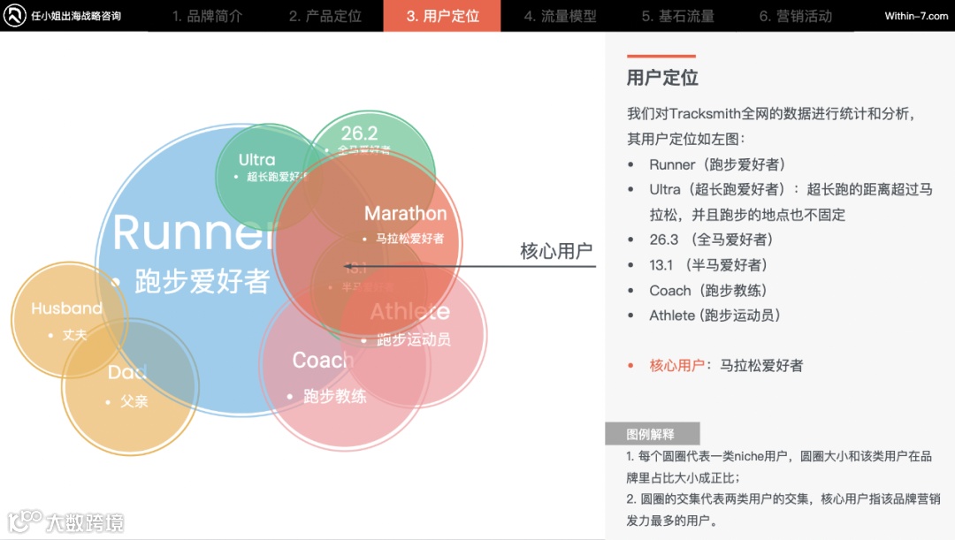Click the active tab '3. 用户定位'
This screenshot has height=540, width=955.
(442, 16)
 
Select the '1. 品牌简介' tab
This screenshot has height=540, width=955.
(207, 16)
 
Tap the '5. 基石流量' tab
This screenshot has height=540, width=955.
(677, 16)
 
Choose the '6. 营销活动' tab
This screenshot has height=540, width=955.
(795, 16)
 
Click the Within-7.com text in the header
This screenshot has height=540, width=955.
(916, 16)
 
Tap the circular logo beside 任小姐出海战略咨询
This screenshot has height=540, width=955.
(15, 16)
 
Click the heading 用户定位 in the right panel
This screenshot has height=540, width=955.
(662, 78)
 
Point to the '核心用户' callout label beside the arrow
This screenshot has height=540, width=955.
(555, 251)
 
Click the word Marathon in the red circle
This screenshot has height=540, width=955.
(405, 214)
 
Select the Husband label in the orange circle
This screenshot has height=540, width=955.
(66, 308)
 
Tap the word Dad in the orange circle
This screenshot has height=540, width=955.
(126, 373)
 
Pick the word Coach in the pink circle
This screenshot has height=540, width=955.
(323, 361)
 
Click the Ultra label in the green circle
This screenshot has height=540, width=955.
(256, 160)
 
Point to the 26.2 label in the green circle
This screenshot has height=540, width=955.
(359, 133)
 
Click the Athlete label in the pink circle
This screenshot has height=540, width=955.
(409, 312)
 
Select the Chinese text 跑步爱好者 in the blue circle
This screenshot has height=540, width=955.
(202, 281)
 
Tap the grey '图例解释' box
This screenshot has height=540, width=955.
(652, 434)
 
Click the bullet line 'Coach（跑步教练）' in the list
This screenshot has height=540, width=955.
(707, 290)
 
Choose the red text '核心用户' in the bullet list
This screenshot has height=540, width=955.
(676, 365)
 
